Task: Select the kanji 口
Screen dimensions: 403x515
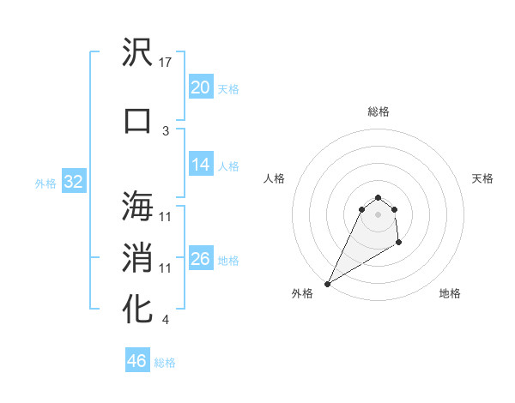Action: (138, 120)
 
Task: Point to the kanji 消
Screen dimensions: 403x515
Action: (138, 257)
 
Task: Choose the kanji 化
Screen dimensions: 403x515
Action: (138, 309)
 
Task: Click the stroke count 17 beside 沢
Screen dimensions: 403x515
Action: (167, 63)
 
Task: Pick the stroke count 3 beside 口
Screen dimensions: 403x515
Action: (166, 130)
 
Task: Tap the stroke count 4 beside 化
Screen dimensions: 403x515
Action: (166, 320)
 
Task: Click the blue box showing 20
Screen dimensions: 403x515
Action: (200, 87)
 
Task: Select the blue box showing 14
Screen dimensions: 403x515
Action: (200, 165)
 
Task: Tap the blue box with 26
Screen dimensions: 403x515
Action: (200, 259)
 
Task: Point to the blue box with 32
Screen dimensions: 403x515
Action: (73, 182)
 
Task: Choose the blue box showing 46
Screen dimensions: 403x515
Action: (137, 361)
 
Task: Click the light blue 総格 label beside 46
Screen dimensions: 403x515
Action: (165, 363)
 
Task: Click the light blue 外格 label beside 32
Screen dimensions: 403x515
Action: (45, 183)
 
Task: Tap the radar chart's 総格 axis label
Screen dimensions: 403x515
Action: (379, 111)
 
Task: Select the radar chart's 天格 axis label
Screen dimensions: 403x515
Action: (482, 178)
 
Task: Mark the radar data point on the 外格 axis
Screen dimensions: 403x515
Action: (327, 283)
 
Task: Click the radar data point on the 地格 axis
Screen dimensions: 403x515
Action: (399, 244)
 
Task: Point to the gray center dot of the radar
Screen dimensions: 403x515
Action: (378, 225)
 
